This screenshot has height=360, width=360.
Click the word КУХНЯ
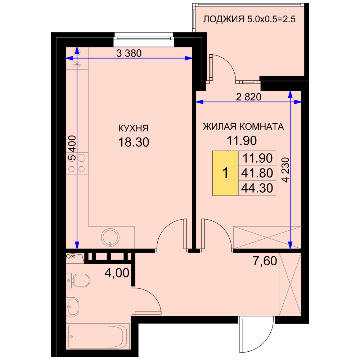tap(134, 129)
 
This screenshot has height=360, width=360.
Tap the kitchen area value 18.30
tap(134, 142)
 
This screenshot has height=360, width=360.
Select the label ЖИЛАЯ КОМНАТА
tap(243, 126)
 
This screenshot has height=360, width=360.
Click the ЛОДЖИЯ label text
tap(224, 19)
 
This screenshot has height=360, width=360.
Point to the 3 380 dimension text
tap(129, 53)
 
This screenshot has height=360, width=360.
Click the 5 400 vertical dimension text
tap(72, 148)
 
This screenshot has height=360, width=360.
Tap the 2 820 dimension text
tap(249, 97)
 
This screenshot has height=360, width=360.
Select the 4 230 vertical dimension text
tap(285, 170)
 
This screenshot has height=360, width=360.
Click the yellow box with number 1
tap(225, 173)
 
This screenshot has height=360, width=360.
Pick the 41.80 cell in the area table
tap(257, 173)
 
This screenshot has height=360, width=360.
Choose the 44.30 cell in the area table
tap(257, 188)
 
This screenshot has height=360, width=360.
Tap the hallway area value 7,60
tap(265, 261)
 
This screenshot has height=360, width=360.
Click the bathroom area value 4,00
tap(117, 273)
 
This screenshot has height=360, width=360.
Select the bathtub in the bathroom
tap(98, 336)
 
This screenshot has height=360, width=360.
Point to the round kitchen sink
tap(111, 237)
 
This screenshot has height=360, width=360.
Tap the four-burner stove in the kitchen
tap(77, 163)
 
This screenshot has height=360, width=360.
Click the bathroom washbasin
tap(73, 307)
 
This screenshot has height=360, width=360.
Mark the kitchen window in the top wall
tap(144, 39)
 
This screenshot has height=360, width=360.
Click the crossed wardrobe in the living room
tap(267, 237)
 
